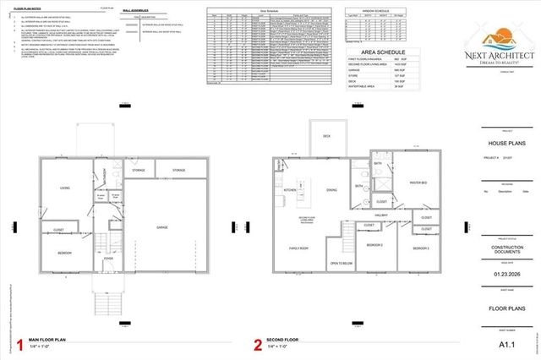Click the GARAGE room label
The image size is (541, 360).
pos(161,227)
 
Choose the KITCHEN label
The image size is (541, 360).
pos(288,190)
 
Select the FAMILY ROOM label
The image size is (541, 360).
pos(298,248)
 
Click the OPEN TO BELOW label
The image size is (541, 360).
pos(341,263)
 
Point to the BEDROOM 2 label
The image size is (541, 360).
pos(374,245)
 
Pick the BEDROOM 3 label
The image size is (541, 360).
pos(420,248)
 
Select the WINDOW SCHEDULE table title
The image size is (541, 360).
pos(370,12)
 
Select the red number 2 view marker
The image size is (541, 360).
pos(258,344)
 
